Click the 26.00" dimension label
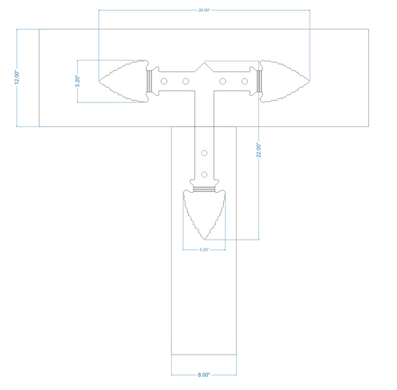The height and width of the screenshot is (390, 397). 204,10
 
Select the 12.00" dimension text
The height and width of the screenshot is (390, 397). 17,77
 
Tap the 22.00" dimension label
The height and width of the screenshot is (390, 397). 258,150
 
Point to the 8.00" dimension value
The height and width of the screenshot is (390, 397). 204,375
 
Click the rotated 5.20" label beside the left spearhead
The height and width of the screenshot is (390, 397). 77,81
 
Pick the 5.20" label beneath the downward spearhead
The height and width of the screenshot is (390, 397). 204,250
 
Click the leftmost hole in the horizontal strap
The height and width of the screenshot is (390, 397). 164,81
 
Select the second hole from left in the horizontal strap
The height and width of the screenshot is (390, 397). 186,81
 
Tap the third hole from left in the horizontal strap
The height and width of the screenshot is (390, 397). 223,81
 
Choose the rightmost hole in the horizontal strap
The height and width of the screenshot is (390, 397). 245,81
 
